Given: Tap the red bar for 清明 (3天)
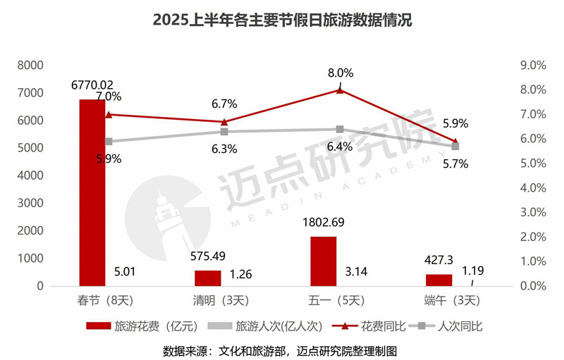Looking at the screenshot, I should tap(208, 278).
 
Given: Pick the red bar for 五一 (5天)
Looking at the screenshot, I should tap(324, 261).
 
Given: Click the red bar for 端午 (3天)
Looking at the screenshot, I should tap(439, 280).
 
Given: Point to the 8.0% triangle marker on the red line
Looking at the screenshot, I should tap(340, 89).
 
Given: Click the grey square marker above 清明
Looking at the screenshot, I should tap(224, 132).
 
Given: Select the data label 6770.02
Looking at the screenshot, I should tap(92, 84).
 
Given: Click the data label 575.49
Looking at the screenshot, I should tap(208, 256).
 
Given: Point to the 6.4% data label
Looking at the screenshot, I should tap(340, 146).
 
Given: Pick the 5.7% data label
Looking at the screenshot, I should tap(455, 163).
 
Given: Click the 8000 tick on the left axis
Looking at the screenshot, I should tap(32, 66).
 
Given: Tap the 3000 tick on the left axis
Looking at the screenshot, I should tap(32, 203).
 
